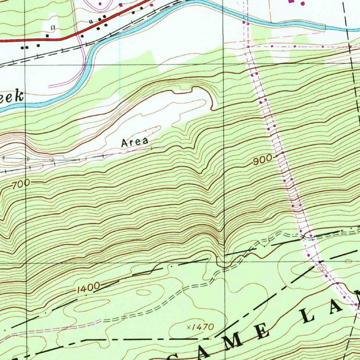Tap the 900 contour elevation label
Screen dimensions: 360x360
(x=262, y=160)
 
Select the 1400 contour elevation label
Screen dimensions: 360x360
(x=87, y=288)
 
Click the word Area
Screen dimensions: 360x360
(x=134, y=142)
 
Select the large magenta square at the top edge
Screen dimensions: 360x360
(x=291, y=1)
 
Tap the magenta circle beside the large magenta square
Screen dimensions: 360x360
(x=303, y=3)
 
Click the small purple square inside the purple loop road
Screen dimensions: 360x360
(x=100, y=4)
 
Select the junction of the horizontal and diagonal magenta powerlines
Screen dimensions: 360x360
(x=248, y=47)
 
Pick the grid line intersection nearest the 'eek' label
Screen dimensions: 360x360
(x=26, y=65)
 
